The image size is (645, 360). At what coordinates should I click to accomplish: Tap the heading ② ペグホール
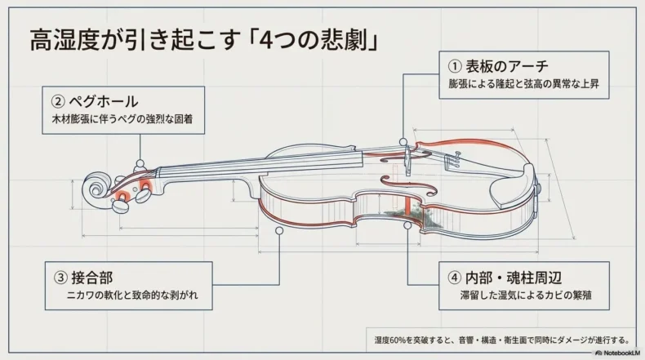95,103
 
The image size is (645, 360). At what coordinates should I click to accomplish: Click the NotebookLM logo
619,353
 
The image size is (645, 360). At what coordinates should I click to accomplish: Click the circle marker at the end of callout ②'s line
140,163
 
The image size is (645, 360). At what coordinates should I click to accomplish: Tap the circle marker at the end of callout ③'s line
279,231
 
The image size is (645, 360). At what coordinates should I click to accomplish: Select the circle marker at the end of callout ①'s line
404,144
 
